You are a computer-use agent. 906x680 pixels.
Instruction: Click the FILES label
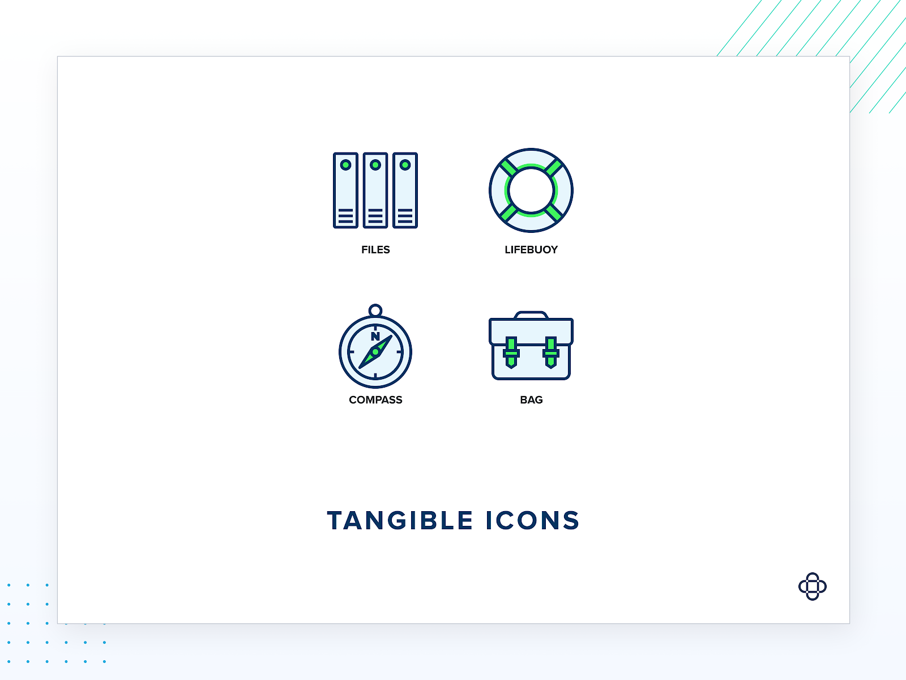tap(375, 250)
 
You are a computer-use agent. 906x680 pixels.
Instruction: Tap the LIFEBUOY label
tap(531, 250)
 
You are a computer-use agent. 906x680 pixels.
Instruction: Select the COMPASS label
tap(375, 400)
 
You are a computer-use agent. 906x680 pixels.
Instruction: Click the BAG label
tap(531, 400)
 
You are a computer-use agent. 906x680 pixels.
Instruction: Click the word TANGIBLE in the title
tap(400, 521)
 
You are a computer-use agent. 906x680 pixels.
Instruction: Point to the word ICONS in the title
tap(533, 521)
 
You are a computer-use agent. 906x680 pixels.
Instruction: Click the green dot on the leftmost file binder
tap(345, 165)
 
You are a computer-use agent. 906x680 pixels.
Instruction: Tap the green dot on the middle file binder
tap(375, 165)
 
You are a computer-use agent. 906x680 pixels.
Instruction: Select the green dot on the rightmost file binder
tap(405, 165)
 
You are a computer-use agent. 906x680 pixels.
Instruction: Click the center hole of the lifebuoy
tap(531, 190)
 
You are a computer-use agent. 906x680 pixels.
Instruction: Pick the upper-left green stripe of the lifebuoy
tap(509, 168)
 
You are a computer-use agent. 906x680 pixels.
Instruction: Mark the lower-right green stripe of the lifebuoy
tap(553, 212)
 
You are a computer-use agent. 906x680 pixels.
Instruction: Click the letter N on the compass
tap(375, 337)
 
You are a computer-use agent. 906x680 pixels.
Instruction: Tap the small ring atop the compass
tap(375, 311)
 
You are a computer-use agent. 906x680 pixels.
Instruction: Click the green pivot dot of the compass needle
tap(375, 352)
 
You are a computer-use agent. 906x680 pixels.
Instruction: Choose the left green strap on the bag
tap(511, 352)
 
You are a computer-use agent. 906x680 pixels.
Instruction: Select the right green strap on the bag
tap(551, 352)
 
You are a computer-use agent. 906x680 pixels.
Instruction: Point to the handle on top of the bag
tap(531, 314)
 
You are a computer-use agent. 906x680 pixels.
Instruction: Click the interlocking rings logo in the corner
tap(813, 586)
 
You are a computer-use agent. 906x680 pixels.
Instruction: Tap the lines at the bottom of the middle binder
tap(375, 216)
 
